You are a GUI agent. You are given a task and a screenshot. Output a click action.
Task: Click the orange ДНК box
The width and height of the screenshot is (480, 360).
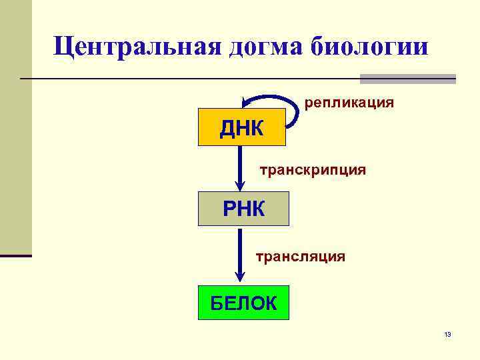(x=242, y=127)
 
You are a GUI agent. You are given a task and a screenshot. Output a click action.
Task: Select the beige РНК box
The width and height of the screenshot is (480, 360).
(x=243, y=209)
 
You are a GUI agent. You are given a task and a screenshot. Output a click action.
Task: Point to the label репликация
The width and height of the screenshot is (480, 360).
(x=349, y=103)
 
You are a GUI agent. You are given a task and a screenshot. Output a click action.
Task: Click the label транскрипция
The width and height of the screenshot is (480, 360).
(x=312, y=170)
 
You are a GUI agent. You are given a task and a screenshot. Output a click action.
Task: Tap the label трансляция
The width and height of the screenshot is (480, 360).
(x=301, y=255)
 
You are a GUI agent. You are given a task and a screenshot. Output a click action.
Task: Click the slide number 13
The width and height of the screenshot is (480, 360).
(x=447, y=334)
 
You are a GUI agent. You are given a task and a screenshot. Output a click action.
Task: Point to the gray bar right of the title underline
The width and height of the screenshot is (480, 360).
(x=407, y=79)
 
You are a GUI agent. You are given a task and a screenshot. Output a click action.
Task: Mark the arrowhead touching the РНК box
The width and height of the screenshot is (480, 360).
(x=241, y=186)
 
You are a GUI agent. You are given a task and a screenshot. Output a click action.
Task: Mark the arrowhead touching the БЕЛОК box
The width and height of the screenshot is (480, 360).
(x=241, y=278)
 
